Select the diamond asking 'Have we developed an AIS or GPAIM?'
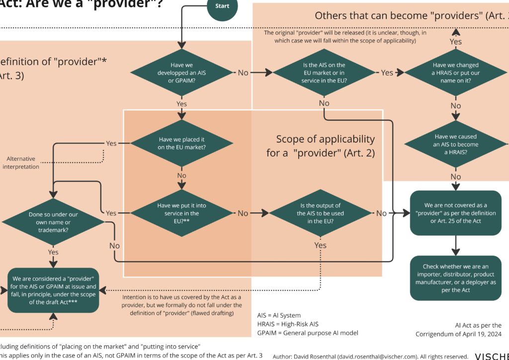coord(181,73)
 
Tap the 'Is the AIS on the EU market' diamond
coord(324,73)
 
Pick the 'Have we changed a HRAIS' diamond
coord(455,73)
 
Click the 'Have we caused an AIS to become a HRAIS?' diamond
coord(455,145)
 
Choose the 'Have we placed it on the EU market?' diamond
coord(181,143)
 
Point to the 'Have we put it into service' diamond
coord(181,213)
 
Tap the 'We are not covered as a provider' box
coord(455,213)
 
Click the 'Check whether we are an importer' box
coord(455,278)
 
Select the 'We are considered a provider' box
coord(53,290)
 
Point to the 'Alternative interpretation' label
coord(21,163)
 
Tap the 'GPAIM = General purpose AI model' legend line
coord(307,333)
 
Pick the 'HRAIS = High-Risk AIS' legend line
coord(287,324)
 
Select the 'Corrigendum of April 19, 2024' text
coord(458,334)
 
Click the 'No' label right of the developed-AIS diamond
coord(243,73)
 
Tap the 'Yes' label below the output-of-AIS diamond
coord(321,245)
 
